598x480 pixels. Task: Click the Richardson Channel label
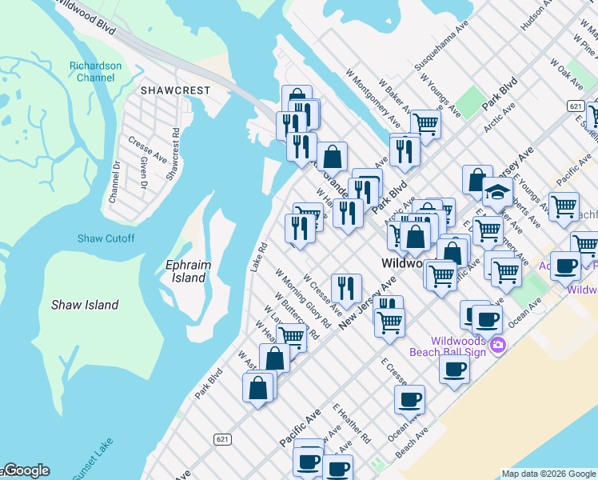tap(95, 71)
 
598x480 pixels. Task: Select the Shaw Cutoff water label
tap(106, 238)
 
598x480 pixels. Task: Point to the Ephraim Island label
tap(185, 271)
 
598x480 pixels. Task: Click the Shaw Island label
tap(85, 305)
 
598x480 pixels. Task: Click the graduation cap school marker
tap(497, 192)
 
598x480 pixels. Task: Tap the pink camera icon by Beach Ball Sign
tap(498, 345)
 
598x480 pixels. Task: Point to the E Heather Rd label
tap(353, 424)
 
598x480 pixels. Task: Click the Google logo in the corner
tap(26, 471)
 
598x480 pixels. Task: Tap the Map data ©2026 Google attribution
tap(548, 474)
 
